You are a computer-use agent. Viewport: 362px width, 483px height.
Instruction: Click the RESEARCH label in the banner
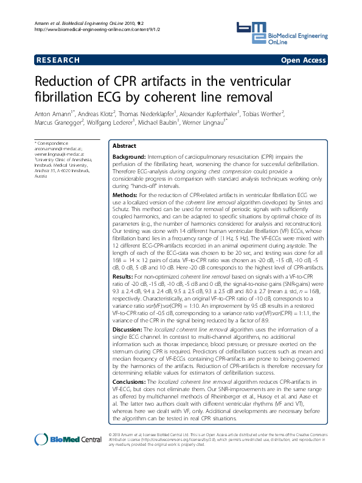[58, 60]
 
